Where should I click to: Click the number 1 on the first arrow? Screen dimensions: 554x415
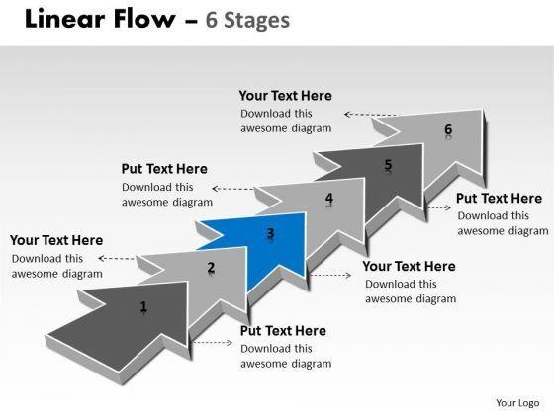click(x=143, y=306)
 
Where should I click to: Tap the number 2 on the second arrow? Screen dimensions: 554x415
click(x=211, y=267)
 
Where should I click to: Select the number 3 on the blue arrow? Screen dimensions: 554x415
click(x=270, y=233)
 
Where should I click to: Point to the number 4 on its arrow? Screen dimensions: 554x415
click(x=329, y=198)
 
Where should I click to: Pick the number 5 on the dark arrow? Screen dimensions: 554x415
click(x=388, y=164)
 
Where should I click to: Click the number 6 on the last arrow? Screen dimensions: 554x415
click(x=448, y=129)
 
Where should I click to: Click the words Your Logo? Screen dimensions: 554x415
click(x=517, y=403)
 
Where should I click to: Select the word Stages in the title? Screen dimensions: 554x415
click(x=257, y=20)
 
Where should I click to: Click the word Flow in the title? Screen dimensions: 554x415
click(x=144, y=19)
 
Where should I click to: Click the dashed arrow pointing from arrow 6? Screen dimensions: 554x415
click(x=370, y=115)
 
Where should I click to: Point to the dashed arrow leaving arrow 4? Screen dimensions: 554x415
click(x=232, y=189)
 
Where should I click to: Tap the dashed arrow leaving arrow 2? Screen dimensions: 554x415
click(x=117, y=259)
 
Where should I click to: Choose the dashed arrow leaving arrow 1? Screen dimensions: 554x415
click(x=213, y=342)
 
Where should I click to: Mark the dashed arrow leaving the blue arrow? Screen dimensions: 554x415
click(x=330, y=275)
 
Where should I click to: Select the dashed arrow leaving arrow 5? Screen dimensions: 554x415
click(x=439, y=207)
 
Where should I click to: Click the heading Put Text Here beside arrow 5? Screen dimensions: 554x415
click(x=499, y=199)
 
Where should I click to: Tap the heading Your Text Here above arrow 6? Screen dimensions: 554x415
click(x=286, y=96)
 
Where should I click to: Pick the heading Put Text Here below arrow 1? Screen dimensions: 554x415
click(x=283, y=331)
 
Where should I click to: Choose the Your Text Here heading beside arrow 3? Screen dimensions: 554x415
click(x=410, y=266)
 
